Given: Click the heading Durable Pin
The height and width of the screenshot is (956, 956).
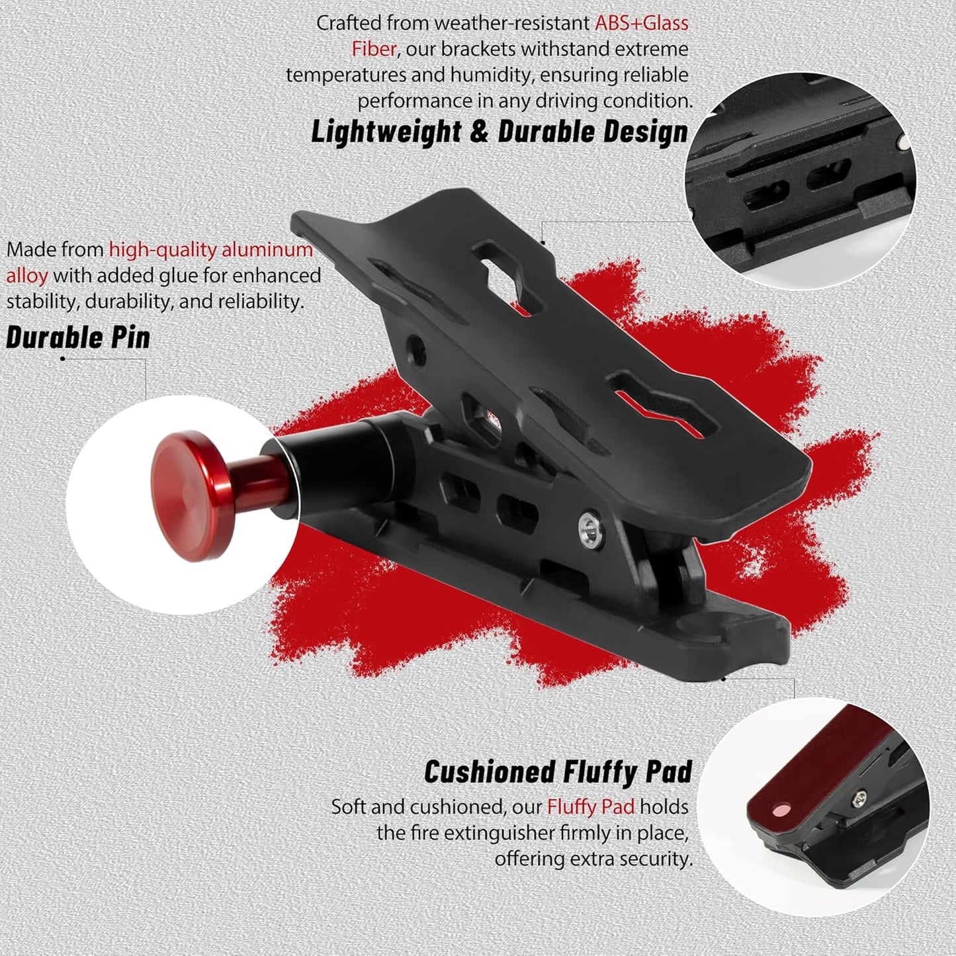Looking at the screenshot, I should (78, 337).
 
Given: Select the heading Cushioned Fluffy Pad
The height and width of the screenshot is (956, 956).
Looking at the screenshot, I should (558, 772).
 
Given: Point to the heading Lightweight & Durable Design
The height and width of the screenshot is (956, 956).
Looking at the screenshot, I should (500, 132).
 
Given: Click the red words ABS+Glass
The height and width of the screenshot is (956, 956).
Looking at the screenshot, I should (641, 23).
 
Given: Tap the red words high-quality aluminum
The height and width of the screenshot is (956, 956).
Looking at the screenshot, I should (210, 249).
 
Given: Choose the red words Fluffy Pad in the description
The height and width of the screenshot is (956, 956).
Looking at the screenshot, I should (590, 806).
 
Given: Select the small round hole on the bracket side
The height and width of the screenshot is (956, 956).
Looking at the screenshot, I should (416, 345).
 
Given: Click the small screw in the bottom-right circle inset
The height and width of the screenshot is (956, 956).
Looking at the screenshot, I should (859, 800).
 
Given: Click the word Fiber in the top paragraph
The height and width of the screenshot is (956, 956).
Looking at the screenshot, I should (374, 49).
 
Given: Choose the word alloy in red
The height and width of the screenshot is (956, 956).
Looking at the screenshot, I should (27, 275).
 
